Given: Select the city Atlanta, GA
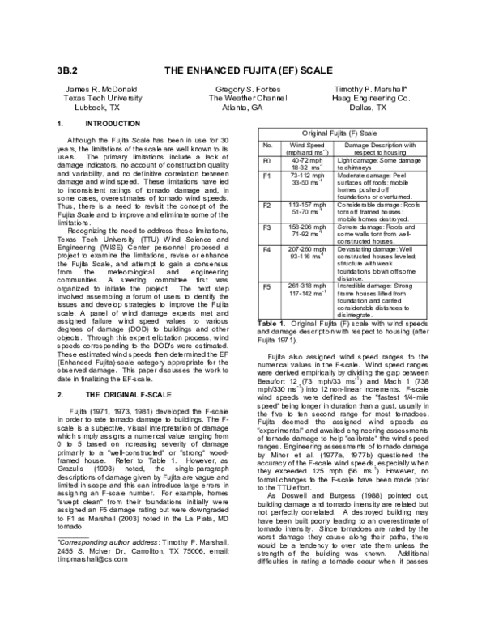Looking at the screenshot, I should pyautogui.click(x=243, y=106).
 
